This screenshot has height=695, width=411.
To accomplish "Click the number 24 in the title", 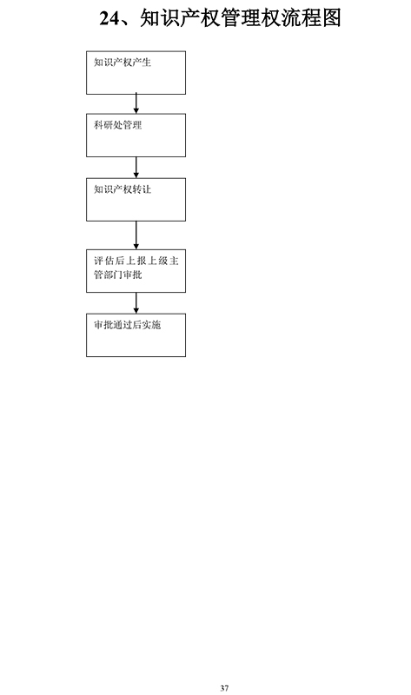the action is [x=110, y=18].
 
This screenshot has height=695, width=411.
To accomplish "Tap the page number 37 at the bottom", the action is [x=224, y=688].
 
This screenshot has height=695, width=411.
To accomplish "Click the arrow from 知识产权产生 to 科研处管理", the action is [x=136, y=103].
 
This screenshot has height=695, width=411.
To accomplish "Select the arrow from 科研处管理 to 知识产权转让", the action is [x=136, y=168].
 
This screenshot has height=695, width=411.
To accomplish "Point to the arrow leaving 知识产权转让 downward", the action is [x=136, y=235].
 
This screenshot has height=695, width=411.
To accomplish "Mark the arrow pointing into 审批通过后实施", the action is [x=136, y=303].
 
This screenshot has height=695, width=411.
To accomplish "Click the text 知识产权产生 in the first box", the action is [x=123, y=63].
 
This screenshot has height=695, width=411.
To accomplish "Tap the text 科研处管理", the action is [x=117, y=125].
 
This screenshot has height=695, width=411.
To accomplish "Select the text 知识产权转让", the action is [x=123, y=189].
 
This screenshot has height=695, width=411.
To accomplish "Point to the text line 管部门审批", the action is [x=117, y=275].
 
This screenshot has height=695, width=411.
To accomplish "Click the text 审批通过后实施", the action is [x=127, y=325].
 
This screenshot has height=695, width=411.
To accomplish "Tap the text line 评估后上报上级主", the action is [x=136, y=261].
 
